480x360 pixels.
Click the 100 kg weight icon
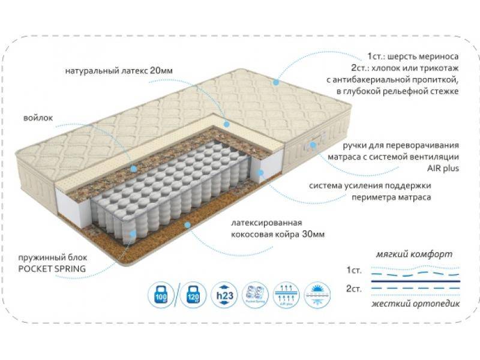point(160,294)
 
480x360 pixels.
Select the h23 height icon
point(223,294)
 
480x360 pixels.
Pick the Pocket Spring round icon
point(254,294)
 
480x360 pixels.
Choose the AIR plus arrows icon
point(285,294)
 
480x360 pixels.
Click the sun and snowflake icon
point(317,294)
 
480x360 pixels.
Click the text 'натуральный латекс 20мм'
point(119,71)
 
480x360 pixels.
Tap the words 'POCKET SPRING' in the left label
point(52,268)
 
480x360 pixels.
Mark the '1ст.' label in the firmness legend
point(354,269)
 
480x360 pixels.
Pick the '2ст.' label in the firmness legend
point(354,289)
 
